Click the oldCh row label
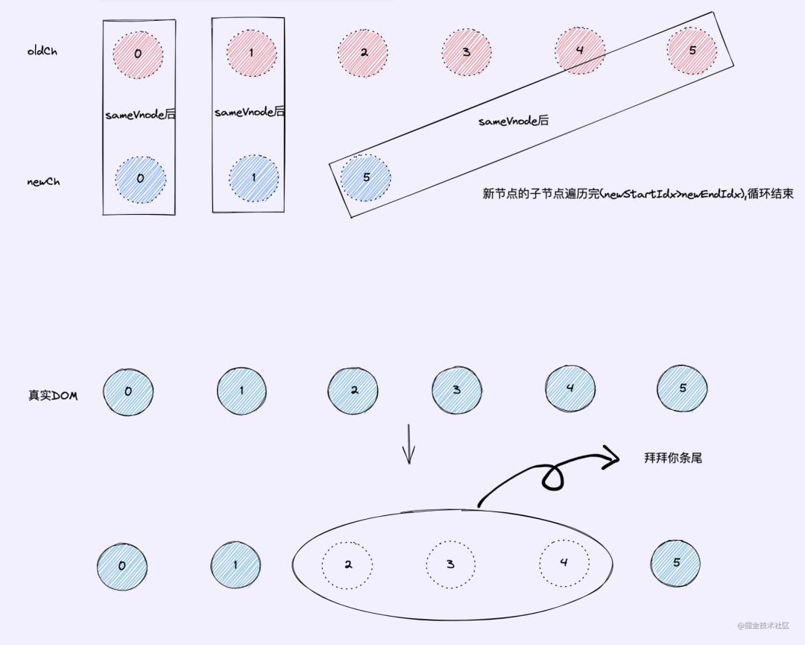42,52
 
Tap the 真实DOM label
53,395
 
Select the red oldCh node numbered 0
138,54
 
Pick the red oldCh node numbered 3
466,52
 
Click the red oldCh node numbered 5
692,51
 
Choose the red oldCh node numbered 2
363,53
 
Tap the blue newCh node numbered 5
365,177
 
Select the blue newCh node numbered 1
253,178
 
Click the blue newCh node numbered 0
140,179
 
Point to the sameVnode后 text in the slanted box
514,120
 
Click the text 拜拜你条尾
673,458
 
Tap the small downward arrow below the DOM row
408,444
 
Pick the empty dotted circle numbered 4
563,562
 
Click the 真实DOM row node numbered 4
569,388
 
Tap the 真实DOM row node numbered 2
353,390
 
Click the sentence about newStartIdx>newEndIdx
638,194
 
